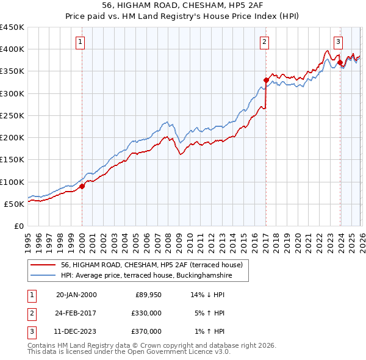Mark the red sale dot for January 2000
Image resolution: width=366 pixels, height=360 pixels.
tap(82, 187)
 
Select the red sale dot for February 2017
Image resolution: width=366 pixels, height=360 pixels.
tap(266, 80)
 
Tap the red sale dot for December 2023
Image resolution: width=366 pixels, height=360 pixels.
tap(340, 62)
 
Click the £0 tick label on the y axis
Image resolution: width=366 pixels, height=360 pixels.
tap(19, 226)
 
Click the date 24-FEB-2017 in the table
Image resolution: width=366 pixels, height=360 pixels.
tap(76, 313)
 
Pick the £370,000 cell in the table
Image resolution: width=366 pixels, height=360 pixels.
tap(146, 331)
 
